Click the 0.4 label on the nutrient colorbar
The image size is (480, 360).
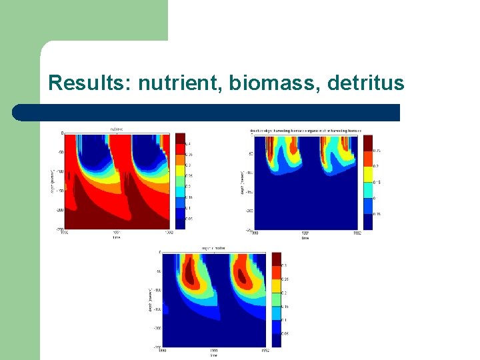click(x=189, y=144)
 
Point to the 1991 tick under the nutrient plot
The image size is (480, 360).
click(x=117, y=233)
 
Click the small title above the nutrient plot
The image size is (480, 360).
click(x=116, y=129)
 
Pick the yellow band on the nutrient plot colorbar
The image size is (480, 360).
click(x=179, y=175)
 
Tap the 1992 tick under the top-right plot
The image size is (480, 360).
click(x=357, y=233)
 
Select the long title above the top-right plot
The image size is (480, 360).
click(x=305, y=130)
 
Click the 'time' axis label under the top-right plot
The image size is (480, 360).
click(x=305, y=238)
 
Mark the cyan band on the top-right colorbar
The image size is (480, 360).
click(x=368, y=190)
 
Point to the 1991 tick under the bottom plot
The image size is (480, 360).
click(x=213, y=351)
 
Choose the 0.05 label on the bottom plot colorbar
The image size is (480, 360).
click(x=285, y=332)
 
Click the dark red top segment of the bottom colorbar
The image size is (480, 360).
click(x=276, y=259)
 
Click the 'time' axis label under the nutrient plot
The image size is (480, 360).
click(x=117, y=237)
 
